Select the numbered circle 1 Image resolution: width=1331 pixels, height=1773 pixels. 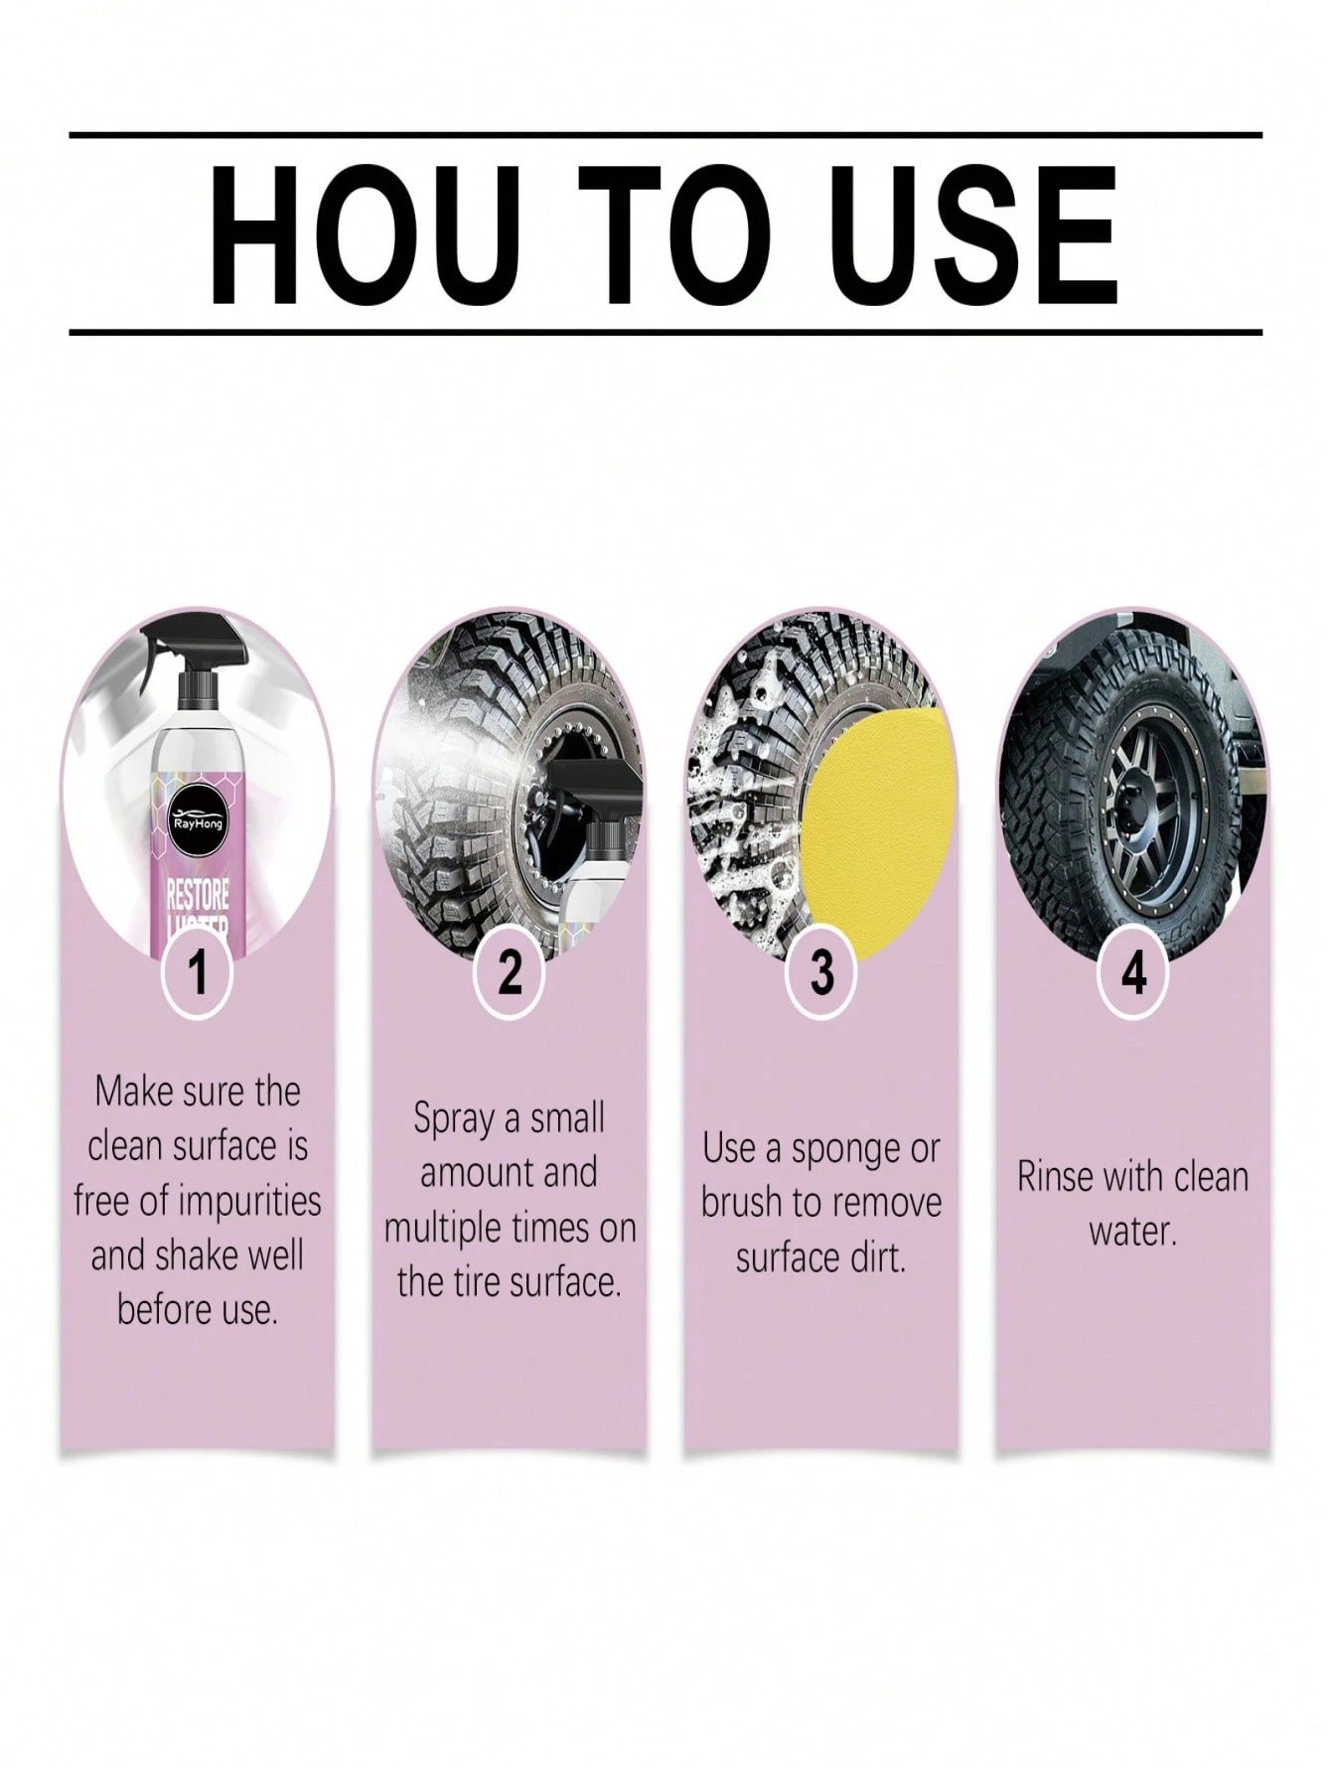click(199, 970)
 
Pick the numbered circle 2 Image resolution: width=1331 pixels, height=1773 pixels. click(510, 970)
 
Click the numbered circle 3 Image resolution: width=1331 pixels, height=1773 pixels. click(821, 970)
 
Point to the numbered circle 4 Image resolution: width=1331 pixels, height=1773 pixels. click(1133, 970)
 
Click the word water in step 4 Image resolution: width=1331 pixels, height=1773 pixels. click(1132, 1233)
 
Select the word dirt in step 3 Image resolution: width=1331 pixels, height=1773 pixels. click(877, 1258)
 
